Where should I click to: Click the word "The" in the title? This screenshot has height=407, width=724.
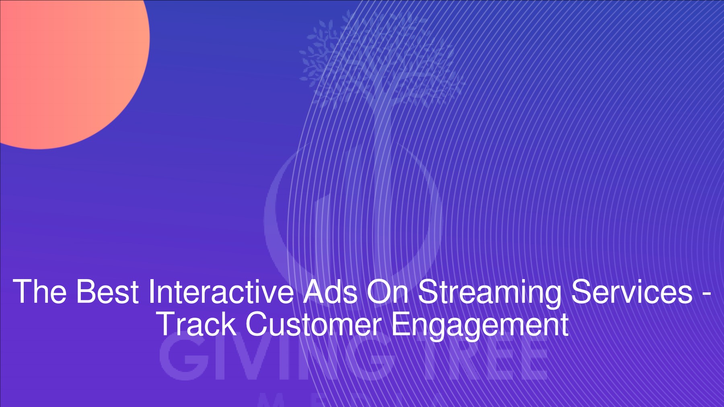pyautogui.click(x=39, y=292)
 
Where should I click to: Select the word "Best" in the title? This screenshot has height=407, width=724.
pyautogui.click(x=107, y=292)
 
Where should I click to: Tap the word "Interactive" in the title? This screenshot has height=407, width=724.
pyautogui.click(x=221, y=292)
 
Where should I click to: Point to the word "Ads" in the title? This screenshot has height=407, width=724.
pyautogui.click(x=330, y=292)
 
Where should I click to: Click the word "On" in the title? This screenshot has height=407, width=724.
pyautogui.click(x=387, y=292)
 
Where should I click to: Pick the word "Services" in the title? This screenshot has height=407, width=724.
pyautogui.click(x=631, y=292)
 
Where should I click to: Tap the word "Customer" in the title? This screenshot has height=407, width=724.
pyautogui.click(x=313, y=324)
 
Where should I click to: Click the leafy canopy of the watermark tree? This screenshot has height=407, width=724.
pyautogui.click(x=382, y=56)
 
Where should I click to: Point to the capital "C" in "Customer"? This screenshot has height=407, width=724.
pyautogui.click(x=257, y=324)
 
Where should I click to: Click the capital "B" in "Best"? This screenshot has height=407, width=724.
pyautogui.click(x=85, y=292)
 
